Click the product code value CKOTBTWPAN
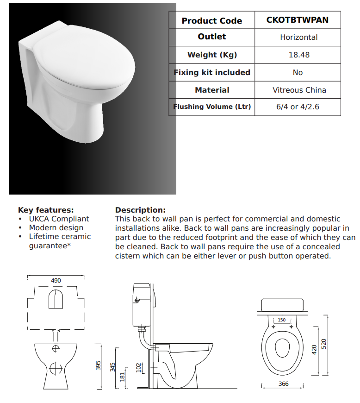coord(298,20)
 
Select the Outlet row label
coord(212,37)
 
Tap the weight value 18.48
coord(298,55)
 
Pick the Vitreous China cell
coord(298,90)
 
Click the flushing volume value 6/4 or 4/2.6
coord(298,107)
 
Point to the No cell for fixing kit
coord(298,72)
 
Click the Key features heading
coord(46,210)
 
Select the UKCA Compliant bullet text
coord(59,219)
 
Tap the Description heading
coord(140,210)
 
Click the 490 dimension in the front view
coord(56,281)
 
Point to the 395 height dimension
coord(98,366)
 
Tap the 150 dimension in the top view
coord(281,320)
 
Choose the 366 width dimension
coord(284,384)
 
